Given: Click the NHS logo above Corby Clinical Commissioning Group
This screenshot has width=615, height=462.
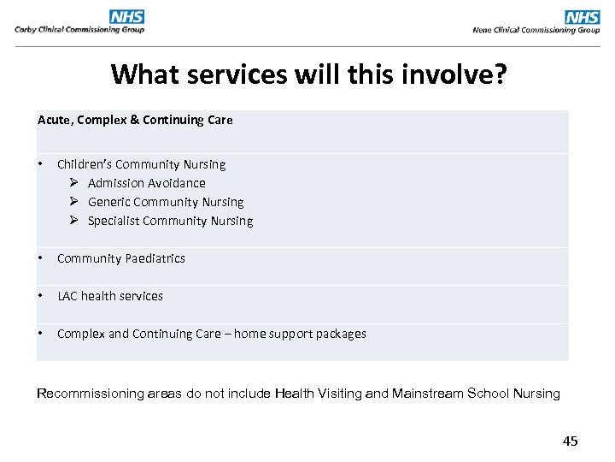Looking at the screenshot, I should pos(126,16).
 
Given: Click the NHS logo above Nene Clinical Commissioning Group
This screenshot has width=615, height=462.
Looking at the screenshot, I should pos(583,16).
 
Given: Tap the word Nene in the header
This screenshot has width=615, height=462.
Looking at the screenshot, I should pos(483,30).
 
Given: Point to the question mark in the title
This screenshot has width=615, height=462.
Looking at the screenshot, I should pos(500,75).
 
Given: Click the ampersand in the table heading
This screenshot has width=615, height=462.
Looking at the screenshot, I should pos(134,120).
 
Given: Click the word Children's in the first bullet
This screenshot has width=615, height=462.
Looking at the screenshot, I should pos(84,164).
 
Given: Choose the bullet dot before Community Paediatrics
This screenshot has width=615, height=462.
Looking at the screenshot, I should pos(41,258).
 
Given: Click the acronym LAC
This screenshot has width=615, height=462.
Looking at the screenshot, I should pos(67,296).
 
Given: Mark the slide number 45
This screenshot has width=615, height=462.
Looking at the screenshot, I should pos(570,441).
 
